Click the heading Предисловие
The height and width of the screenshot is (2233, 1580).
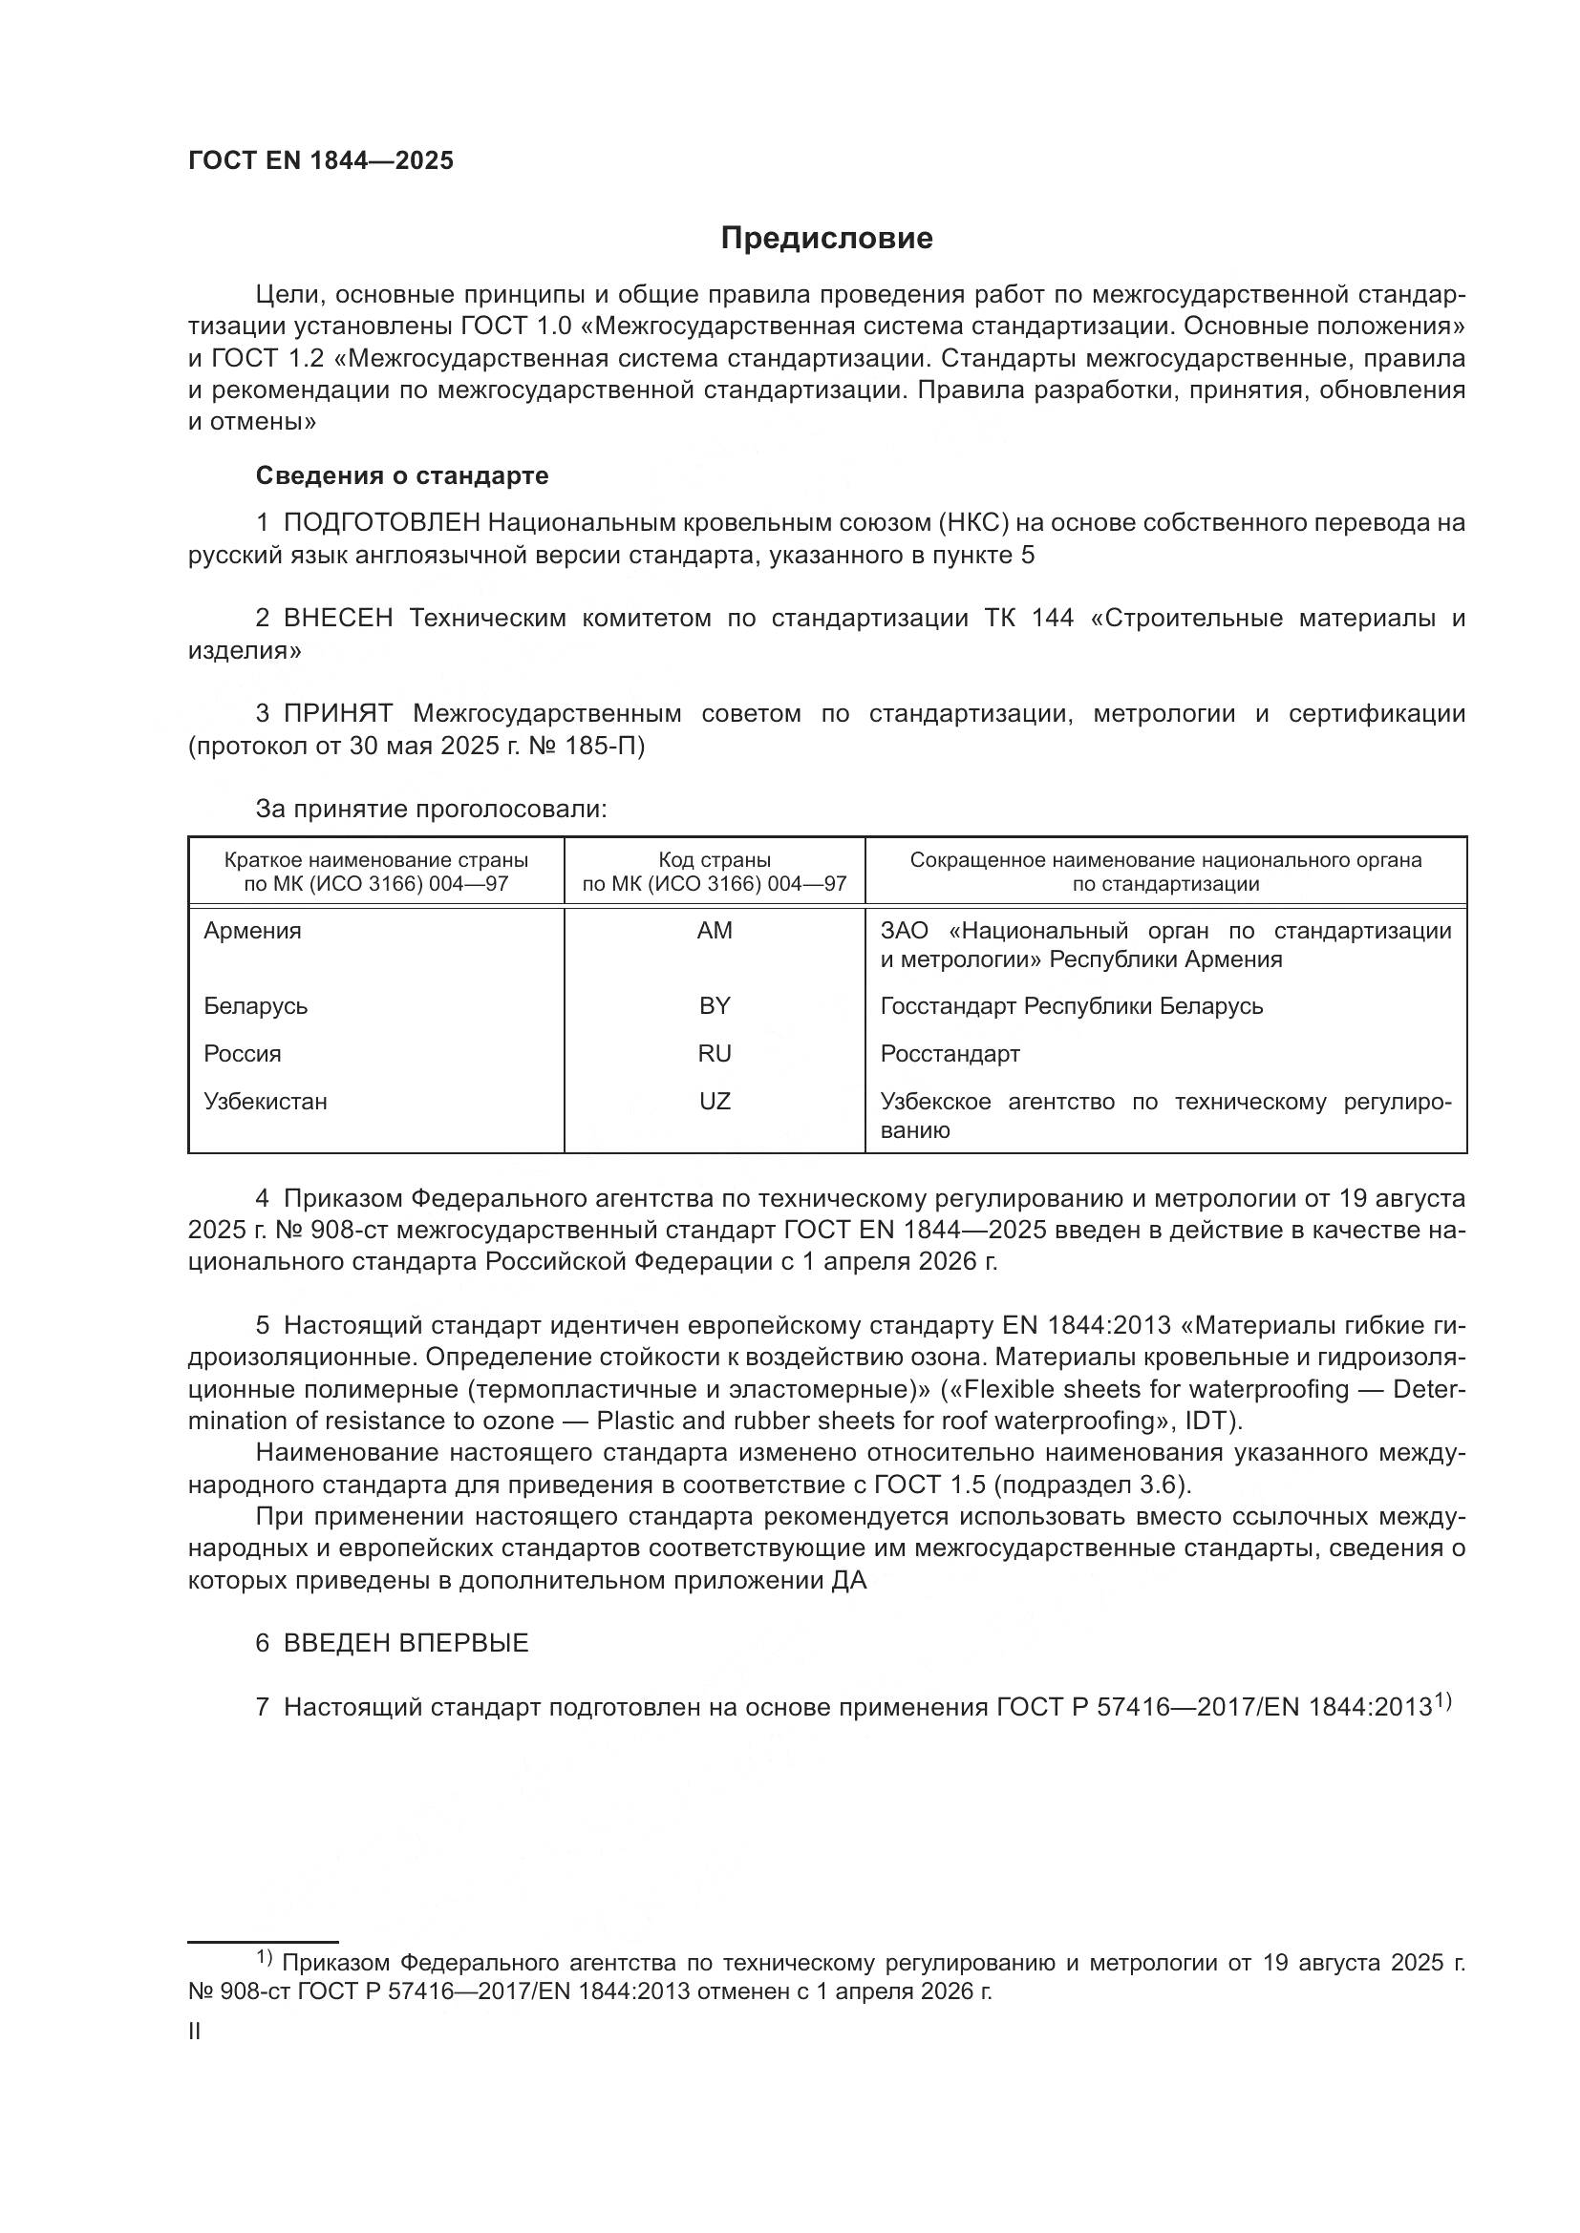coord(826,239)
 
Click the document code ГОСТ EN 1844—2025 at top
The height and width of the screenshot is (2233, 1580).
coord(321,161)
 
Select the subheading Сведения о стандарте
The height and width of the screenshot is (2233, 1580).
coord(402,475)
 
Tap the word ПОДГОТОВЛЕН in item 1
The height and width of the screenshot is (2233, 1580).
coord(381,523)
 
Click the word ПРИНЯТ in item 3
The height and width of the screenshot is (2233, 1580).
coord(337,714)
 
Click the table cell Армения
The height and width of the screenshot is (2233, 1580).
coord(252,931)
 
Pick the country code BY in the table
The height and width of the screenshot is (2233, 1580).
coord(715,1005)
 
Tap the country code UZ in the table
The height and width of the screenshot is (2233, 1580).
coord(715,1102)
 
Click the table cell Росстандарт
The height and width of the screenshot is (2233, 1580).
coord(950,1054)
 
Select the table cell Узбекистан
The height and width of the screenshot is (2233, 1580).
coord(265,1102)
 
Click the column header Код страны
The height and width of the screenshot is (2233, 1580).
coord(715,860)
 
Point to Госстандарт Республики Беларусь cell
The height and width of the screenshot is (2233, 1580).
coord(1071,1005)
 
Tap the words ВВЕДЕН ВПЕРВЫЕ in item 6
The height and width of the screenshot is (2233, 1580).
coord(406,1644)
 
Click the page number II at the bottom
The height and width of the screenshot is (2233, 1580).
coord(195,2032)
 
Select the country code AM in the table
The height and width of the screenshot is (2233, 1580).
coord(715,931)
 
